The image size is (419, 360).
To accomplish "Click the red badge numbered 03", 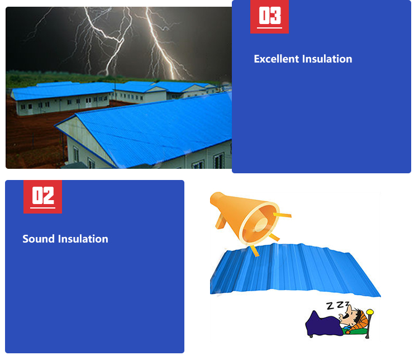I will point(269,16).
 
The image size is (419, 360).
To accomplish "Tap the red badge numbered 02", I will point(42,196).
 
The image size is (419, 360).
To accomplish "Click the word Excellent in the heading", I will point(277,59).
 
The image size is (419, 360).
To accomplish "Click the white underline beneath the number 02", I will point(42,208).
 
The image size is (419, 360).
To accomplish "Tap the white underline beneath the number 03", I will point(269,28).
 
